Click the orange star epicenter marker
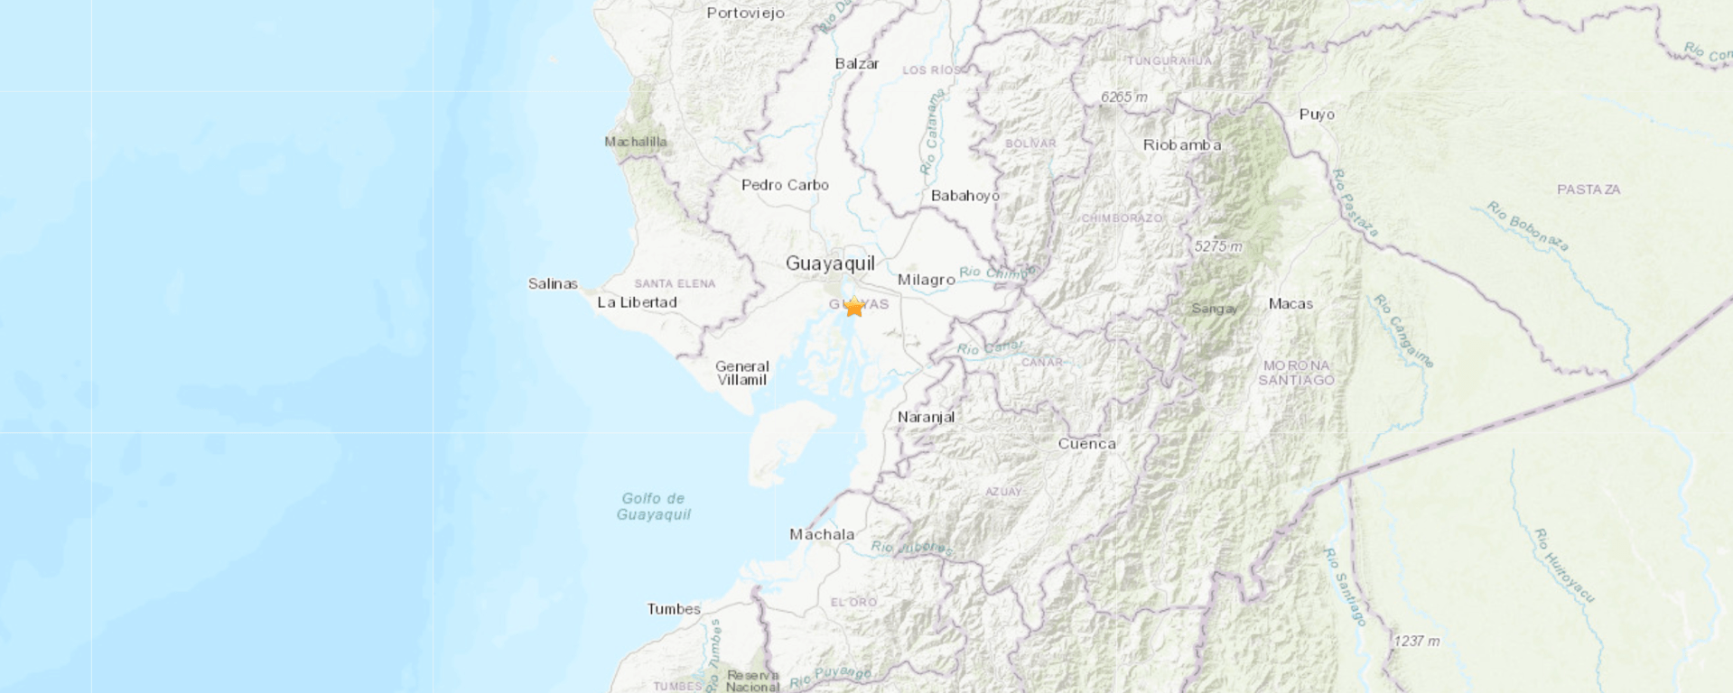[853, 307]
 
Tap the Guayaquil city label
[830, 263]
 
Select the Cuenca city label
[1086, 443]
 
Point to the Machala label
[822, 534]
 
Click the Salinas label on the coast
[553, 283]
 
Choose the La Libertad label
[637, 302]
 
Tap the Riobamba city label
[1181, 144]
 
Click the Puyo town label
[1317, 114]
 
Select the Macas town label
[1290, 303]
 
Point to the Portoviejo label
[745, 13]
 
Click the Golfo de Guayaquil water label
[653, 506]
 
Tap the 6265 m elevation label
[1123, 97]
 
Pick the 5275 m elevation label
[1217, 245]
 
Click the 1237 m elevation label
[1416, 641]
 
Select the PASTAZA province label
[1589, 189]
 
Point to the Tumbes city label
[674, 609]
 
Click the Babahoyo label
[964, 196]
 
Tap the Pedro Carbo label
[785, 185]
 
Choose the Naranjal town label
[926, 417]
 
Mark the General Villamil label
[741, 373]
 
